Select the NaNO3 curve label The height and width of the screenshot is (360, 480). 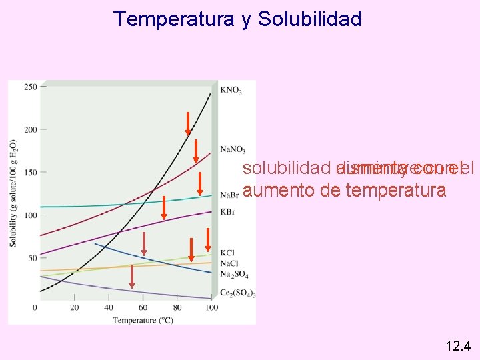(x=233, y=149)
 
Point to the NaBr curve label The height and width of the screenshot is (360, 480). (x=229, y=195)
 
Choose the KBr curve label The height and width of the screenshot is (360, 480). (x=227, y=211)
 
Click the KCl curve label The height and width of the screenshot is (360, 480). (x=227, y=253)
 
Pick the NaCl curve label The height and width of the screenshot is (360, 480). (x=228, y=263)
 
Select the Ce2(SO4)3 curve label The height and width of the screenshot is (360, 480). (x=237, y=294)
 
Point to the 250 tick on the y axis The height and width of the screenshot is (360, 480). (x=30, y=87)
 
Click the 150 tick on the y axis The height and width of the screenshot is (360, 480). (x=30, y=172)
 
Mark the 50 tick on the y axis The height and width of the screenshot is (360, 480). (x=32, y=257)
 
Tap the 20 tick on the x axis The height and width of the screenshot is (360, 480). (x=74, y=307)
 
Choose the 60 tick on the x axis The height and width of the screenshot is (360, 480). (x=142, y=307)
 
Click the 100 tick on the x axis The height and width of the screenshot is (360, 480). (x=211, y=307)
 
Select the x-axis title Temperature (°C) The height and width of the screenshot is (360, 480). (x=143, y=320)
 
